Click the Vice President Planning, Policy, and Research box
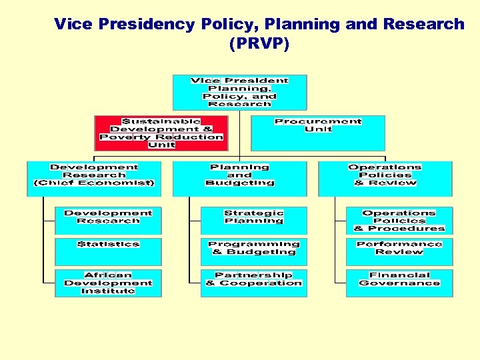click(x=239, y=92)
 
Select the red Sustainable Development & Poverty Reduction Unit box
click(x=161, y=133)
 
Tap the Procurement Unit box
click(x=317, y=133)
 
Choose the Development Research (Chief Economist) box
click(x=93, y=178)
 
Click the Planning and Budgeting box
click(x=239, y=178)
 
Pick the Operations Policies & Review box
click(x=385, y=178)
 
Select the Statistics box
click(x=108, y=252)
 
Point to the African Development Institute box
click(x=108, y=283)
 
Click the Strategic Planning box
click(x=254, y=221)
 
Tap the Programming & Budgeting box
click(x=254, y=252)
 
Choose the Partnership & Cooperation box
click(x=254, y=283)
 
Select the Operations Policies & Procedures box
click(x=399, y=221)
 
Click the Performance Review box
click(x=399, y=252)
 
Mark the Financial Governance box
click(x=399, y=283)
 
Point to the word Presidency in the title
click(x=148, y=25)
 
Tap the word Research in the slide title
click(x=423, y=25)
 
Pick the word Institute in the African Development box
click(x=108, y=291)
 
